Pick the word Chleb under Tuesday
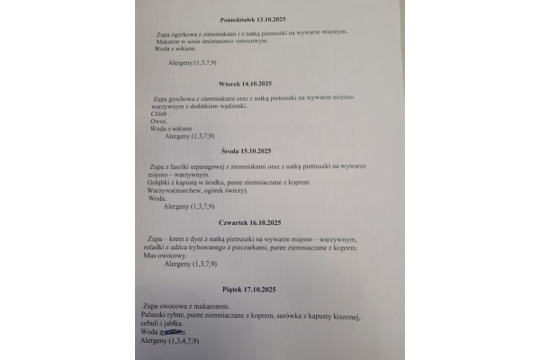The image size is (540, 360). pyautogui.click(x=155, y=113)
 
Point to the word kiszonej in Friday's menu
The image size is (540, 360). pyautogui.click(x=339, y=318)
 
